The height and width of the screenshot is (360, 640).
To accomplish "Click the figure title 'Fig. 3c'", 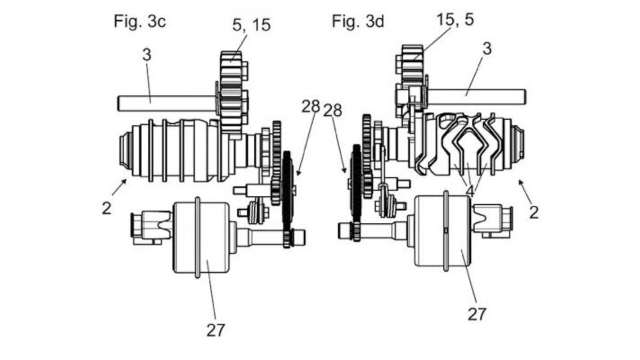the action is pos(140,22).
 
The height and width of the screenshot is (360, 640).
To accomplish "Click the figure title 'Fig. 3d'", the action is pos(358,22).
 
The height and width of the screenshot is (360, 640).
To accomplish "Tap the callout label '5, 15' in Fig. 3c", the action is pos(251,25).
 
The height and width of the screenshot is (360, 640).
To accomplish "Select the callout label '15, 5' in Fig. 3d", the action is pos(455,20).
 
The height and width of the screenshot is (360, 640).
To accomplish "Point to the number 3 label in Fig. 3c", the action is pos(147,55).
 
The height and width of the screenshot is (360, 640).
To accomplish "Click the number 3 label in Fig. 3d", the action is pos(487,49).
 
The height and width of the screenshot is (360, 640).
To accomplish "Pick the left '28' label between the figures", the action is pos(311,107).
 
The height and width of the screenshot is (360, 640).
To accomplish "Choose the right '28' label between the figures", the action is pos(333,110).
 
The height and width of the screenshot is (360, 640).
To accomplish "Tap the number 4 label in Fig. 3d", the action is pos(470,191).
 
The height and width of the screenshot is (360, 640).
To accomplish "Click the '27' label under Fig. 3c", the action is pos(216,330).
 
